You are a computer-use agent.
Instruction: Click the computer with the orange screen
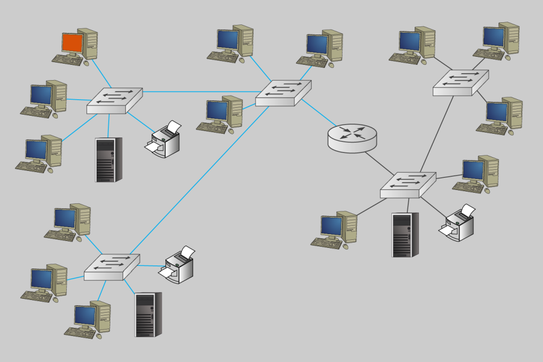click(73, 42)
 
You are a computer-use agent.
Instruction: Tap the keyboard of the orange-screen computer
click(67, 59)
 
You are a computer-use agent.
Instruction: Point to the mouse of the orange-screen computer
click(86, 63)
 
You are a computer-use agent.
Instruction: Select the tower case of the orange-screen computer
click(88, 44)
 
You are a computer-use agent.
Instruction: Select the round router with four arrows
click(352, 137)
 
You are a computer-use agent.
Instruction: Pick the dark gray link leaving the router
click(379, 162)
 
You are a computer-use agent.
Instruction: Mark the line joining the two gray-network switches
click(438, 133)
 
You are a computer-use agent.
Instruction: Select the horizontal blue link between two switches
click(199, 92)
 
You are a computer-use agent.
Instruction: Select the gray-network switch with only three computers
click(460, 82)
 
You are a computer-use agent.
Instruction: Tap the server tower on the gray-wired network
click(405, 235)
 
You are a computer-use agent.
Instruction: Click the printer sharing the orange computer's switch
click(164, 140)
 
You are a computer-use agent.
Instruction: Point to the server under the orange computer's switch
click(108, 159)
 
